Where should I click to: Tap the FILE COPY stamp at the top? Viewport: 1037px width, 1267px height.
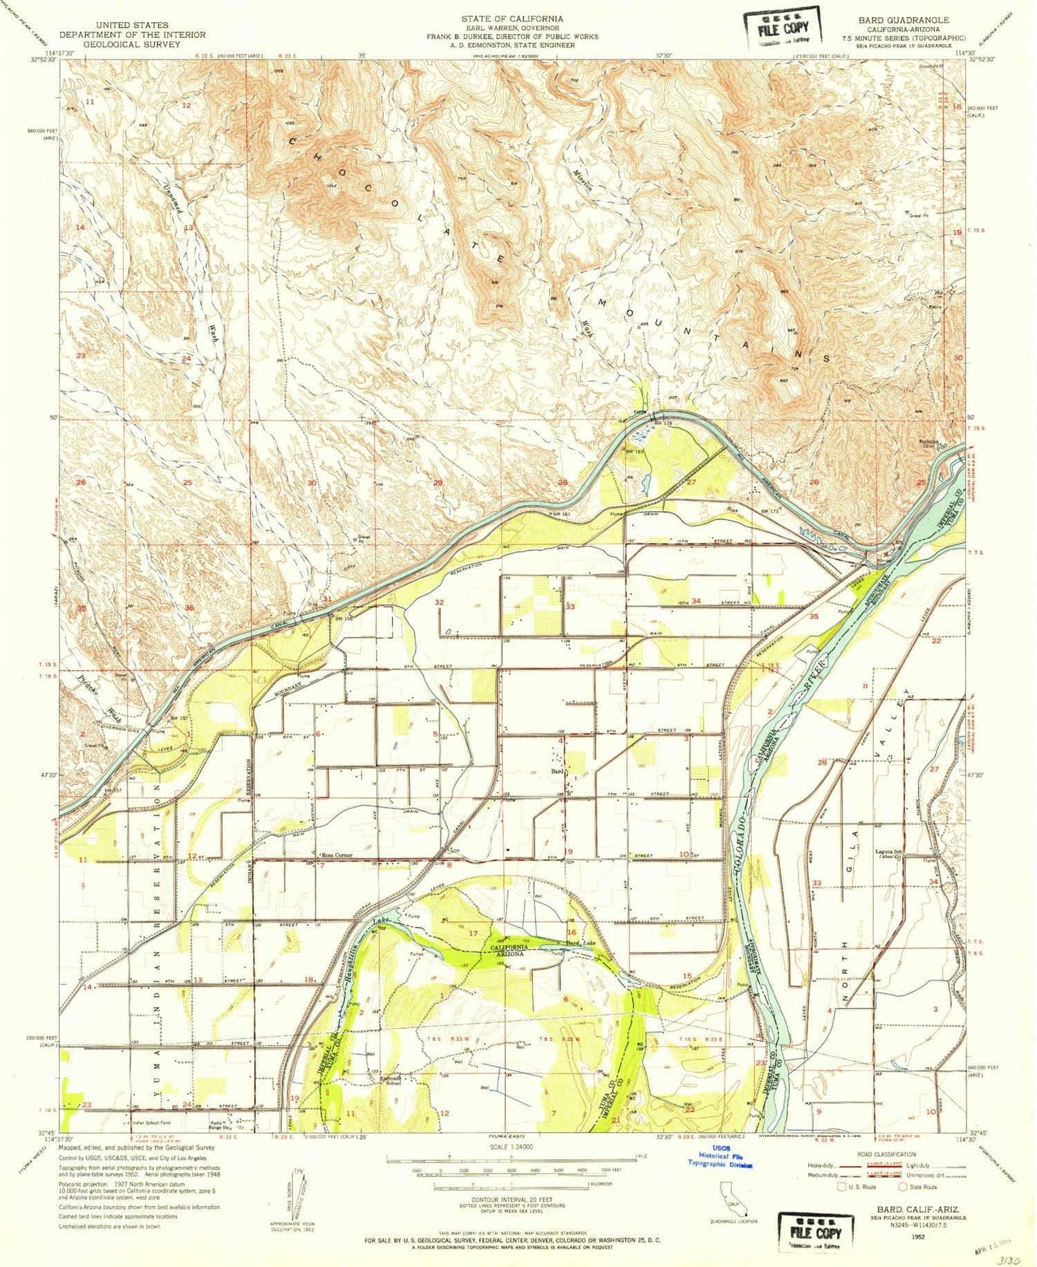(782, 28)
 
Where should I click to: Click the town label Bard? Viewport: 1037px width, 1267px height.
(557, 771)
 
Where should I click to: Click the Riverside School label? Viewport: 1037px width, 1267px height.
(392, 1080)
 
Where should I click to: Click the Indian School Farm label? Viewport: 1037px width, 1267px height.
(150, 1123)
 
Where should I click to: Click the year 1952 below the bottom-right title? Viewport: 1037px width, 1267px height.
(919, 1234)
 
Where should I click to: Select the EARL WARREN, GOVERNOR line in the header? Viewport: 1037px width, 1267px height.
(513, 28)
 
